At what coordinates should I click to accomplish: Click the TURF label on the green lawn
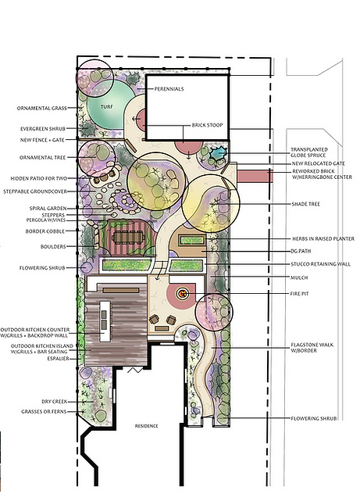click(x=107, y=107)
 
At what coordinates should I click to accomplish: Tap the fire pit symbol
click(x=183, y=293)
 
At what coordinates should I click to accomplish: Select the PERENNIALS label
click(x=169, y=89)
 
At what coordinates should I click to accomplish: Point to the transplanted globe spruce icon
click(x=219, y=154)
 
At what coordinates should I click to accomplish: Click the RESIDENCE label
click(x=147, y=426)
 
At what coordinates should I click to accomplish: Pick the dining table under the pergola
click(x=129, y=237)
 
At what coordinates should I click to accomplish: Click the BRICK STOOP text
click(x=208, y=125)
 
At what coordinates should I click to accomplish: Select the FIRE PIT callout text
click(x=299, y=294)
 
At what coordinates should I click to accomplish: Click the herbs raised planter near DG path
click(x=192, y=240)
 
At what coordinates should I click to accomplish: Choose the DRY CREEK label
click(x=55, y=402)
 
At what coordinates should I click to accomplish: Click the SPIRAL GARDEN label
click(x=48, y=209)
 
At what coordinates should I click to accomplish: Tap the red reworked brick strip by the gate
click(x=255, y=177)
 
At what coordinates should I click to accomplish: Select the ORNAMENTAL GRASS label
click(x=42, y=109)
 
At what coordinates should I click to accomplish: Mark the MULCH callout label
click(x=299, y=277)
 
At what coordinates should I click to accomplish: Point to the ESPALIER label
click(x=58, y=359)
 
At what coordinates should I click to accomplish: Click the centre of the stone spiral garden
click(x=124, y=202)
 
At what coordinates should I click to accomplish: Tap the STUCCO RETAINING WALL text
click(x=321, y=264)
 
